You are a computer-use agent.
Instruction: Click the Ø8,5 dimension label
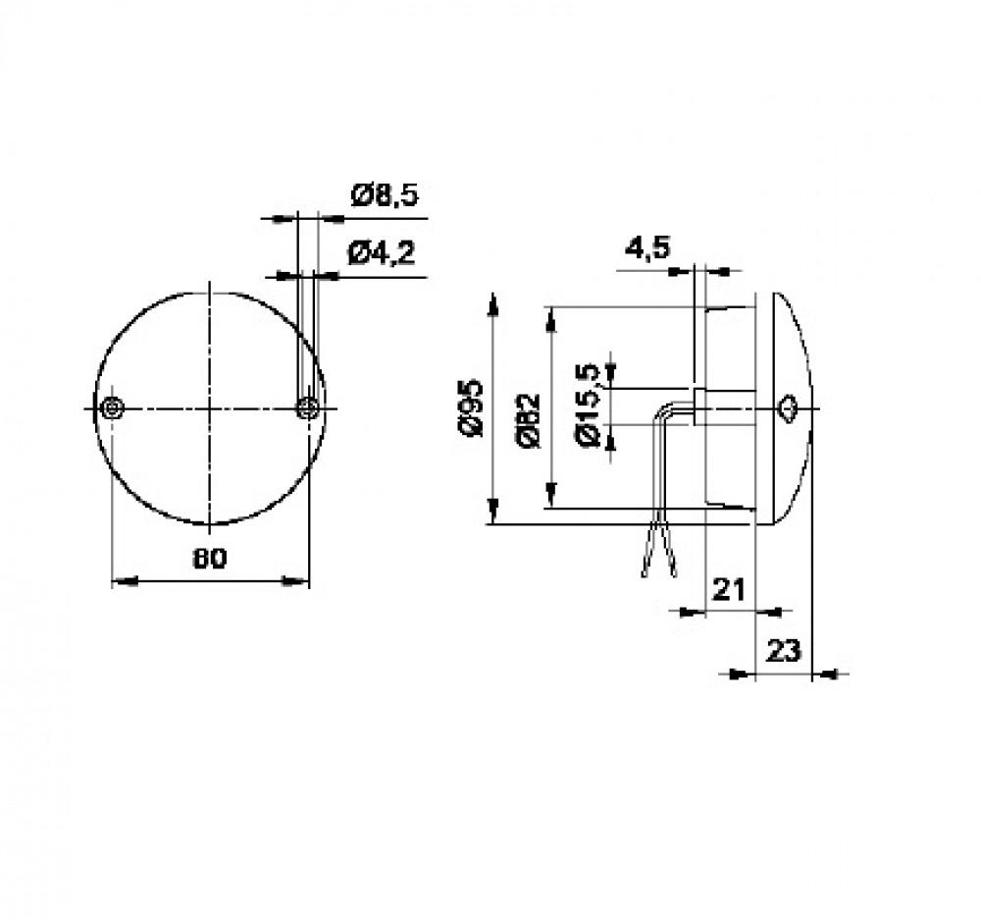click(384, 195)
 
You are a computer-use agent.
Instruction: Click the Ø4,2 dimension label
click(382, 254)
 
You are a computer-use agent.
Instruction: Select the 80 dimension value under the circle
click(209, 558)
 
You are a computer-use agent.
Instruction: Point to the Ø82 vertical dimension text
click(528, 420)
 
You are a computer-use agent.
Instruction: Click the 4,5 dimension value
click(646, 248)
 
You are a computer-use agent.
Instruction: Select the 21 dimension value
click(728, 589)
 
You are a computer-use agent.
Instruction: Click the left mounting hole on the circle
click(113, 407)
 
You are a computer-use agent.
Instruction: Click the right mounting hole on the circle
click(308, 407)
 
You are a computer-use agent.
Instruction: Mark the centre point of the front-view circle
click(210, 407)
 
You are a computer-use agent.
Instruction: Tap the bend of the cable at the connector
click(666, 408)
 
